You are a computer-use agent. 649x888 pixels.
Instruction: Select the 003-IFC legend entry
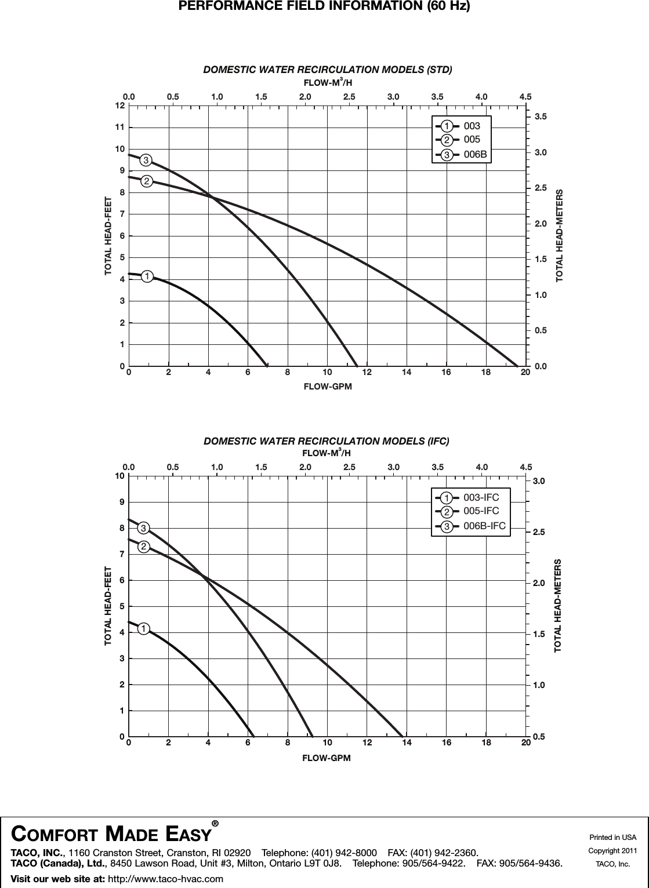pos(481,497)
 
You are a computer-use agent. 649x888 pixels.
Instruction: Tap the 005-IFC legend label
pos(481,511)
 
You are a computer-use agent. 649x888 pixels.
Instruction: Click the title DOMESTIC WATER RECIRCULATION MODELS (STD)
pos(327,70)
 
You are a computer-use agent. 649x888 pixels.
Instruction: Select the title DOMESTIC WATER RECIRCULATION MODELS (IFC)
pos(327,441)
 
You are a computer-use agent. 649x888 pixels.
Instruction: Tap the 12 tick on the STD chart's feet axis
pos(120,106)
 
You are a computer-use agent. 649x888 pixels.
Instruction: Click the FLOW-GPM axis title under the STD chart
pos(328,386)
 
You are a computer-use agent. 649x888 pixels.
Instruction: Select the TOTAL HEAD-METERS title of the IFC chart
pos(558,606)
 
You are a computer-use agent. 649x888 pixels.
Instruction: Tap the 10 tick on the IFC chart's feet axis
pos(120,476)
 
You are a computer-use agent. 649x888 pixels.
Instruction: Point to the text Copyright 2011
pos(612,850)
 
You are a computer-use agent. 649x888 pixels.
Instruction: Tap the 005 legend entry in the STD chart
pos(472,140)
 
